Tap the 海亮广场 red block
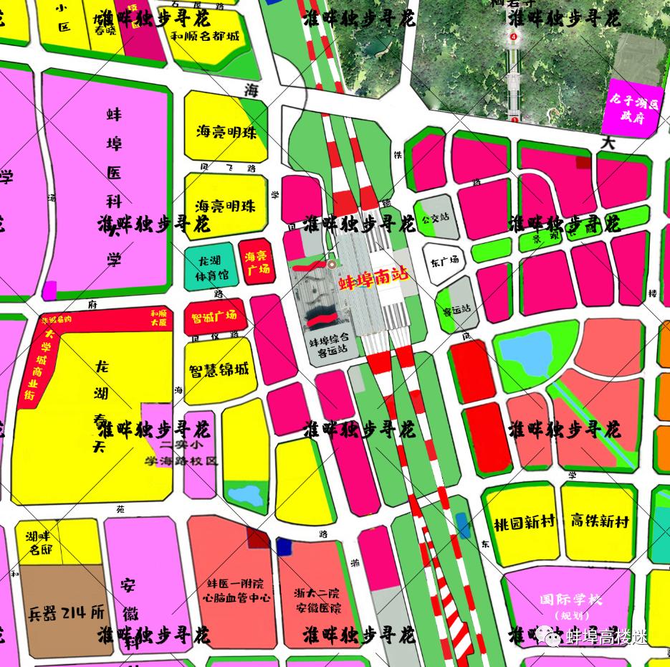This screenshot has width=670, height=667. pos(257,262)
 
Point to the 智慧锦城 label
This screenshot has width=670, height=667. pos(219,371)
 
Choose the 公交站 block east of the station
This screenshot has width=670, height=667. pos(436,217)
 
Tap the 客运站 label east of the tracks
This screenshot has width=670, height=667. pos(456,310)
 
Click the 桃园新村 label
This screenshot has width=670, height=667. pos(524,522)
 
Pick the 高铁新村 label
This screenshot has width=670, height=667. pos(600,521)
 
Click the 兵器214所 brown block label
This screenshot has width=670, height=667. pos(66,613)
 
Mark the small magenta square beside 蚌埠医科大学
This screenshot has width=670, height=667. pos(49,290)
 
